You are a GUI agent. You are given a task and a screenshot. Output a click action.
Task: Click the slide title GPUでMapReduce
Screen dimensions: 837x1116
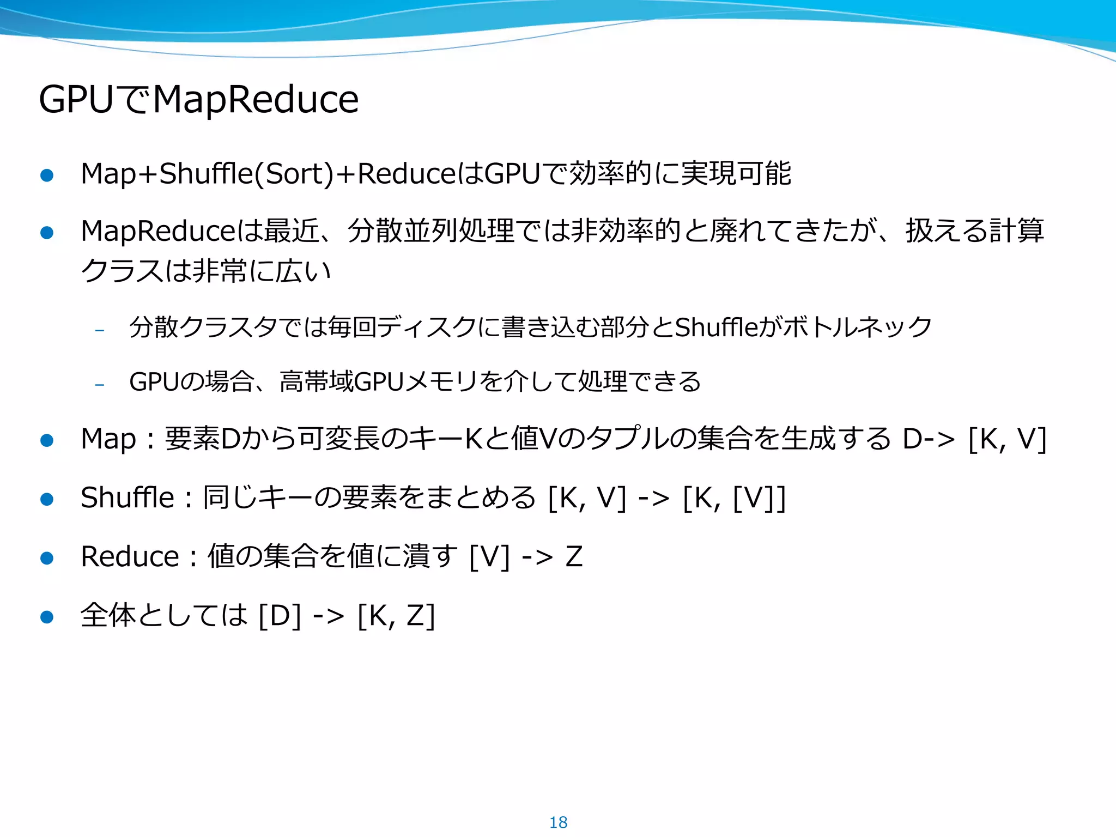(199, 99)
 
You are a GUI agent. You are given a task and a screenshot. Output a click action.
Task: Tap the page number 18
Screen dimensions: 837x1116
(558, 822)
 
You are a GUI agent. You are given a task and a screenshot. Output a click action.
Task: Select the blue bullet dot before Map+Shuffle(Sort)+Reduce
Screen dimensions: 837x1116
(47, 175)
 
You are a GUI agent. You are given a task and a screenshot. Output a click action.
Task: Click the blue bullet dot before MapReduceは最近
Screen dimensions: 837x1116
(47, 233)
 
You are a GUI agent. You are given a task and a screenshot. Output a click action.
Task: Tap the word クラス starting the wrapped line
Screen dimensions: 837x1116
(122, 271)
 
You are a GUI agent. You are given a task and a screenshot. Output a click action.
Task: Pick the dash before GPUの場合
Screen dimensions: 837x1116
(99, 385)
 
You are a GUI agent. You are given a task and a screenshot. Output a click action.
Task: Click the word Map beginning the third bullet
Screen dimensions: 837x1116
(108, 439)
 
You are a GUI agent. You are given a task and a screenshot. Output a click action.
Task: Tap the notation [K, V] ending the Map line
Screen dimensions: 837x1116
(1007, 439)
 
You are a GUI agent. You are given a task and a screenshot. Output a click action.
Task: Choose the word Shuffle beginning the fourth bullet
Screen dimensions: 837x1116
(127, 498)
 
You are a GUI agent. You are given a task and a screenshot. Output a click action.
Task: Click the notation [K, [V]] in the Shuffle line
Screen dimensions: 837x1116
(734, 498)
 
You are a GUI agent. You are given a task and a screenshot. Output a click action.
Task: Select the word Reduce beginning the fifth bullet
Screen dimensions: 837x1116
(130, 556)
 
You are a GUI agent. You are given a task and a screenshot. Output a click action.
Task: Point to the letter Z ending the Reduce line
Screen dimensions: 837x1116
(574, 556)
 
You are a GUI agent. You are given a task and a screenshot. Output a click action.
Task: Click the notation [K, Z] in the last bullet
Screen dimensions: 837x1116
(396, 616)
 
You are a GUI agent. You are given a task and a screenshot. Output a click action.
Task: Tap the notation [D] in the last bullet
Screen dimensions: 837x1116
(280, 616)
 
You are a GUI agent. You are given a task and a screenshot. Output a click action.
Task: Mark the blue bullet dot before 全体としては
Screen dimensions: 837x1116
(47, 617)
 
